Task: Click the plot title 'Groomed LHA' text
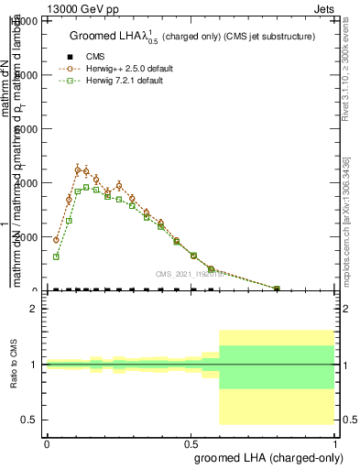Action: pyautogui.click(x=119, y=36)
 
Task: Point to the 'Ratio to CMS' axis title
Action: pyautogui.click(x=14, y=365)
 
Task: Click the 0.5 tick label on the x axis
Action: pyautogui.click(x=191, y=442)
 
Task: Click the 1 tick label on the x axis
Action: pyautogui.click(x=336, y=442)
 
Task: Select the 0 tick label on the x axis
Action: pyautogui.click(x=47, y=442)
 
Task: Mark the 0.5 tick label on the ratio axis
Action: pyautogui.click(x=29, y=420)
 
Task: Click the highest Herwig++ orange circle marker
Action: pyautogui.click(x=78, y=169)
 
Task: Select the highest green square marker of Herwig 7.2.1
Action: pyautogui.click(x=87, y=188)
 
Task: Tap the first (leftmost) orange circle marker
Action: pyautogui.click(x=57, y=240)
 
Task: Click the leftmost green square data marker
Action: pyautogui.click(x=57, y=256)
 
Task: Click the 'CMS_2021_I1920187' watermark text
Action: pyautogui.click(x=189, y=273)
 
